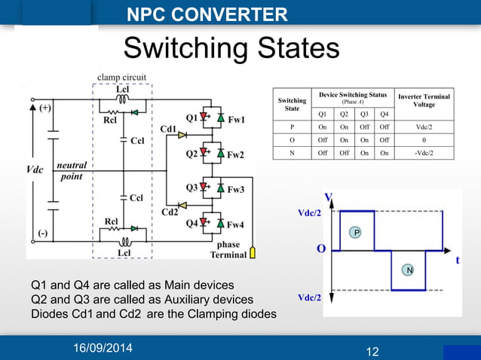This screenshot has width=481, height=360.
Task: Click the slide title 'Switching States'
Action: point(231,49)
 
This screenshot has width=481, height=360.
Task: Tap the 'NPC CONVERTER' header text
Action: point(207,14)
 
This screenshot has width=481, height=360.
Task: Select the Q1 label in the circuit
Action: point(191,117)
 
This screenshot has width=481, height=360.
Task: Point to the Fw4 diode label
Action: point(236,224)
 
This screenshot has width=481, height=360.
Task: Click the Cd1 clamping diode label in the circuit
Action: point(169,130)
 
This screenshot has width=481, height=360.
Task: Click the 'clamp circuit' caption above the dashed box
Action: point(121,77)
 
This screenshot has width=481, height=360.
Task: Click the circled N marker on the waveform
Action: point(409,270)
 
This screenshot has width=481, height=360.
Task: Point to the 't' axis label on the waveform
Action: point(457,260)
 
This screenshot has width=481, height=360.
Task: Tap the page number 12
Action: point(371,351)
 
